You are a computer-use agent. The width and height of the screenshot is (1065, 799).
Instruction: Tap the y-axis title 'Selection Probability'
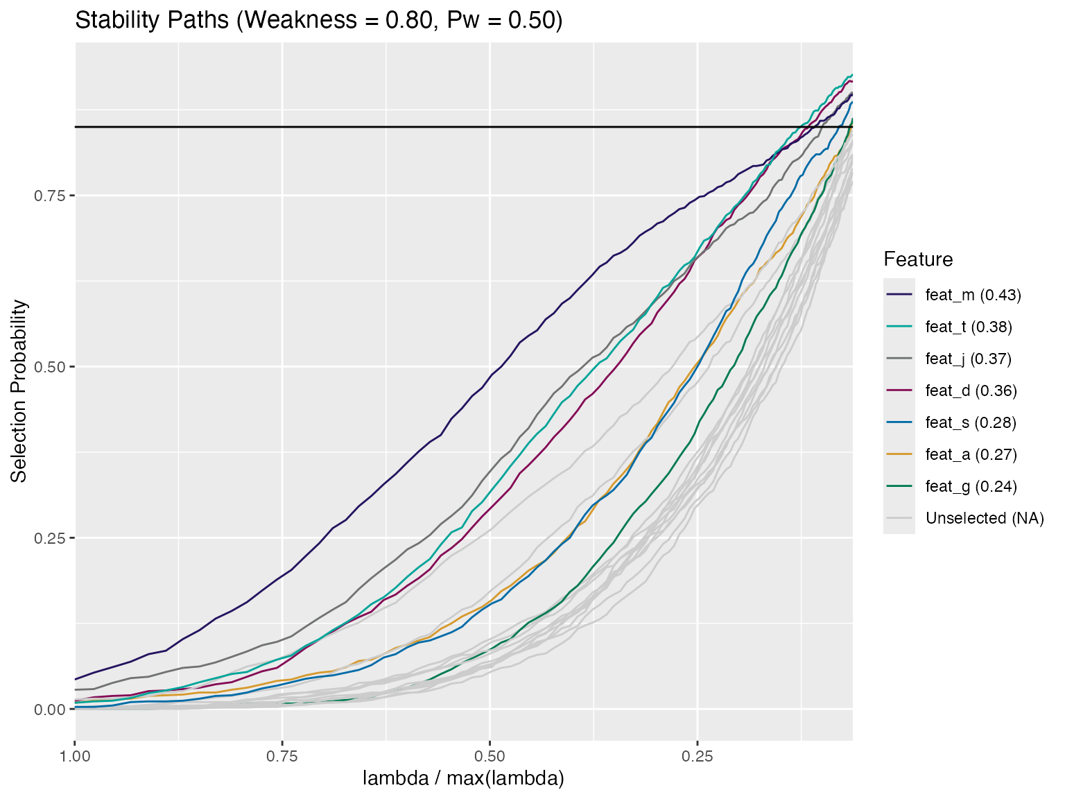pos(19,391)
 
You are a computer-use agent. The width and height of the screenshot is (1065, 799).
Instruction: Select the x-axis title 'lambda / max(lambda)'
pos(463,778)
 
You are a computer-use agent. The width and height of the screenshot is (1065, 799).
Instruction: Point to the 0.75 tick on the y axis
pos(50,196)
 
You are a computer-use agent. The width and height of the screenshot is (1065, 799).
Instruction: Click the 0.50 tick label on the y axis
pos(50,367)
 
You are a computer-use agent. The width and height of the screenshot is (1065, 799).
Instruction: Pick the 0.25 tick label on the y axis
pos(50,538)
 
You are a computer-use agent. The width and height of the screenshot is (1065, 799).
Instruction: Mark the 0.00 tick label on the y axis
pos(50,709)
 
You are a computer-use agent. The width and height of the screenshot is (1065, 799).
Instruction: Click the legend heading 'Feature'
pos(918,259)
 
